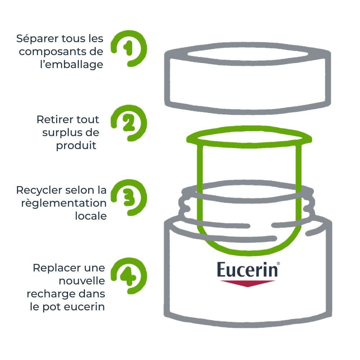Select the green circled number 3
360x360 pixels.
128,197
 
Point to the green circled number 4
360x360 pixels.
128,276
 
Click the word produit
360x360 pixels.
76,145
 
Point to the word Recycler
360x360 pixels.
41,190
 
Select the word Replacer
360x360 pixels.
53,268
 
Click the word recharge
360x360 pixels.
49,294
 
